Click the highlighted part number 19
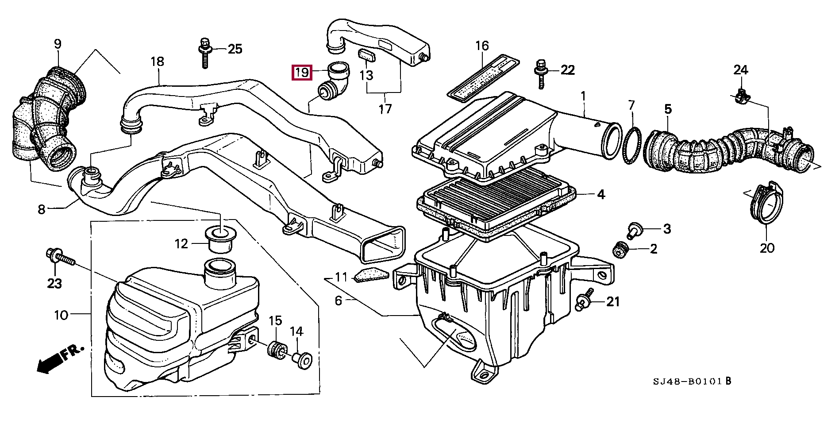[302, 72]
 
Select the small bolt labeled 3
[634, 229]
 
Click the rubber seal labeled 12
[220, 239]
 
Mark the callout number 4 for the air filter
[600, 195]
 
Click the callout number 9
[58, 44]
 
